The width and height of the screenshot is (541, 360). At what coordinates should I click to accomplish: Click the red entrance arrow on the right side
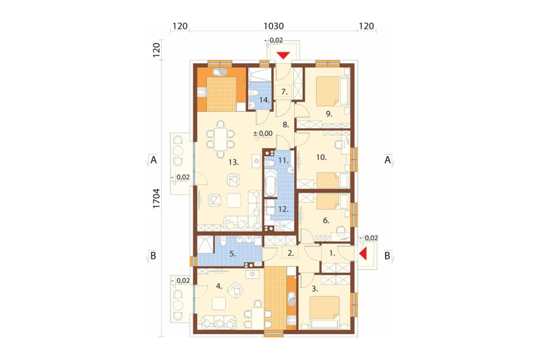coord(362,254)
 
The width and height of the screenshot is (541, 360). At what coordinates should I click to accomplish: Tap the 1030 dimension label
coord(274,26)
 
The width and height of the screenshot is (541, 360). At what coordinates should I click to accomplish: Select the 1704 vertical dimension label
coord(156,198)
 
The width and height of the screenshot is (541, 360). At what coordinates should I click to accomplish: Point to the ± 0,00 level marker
coord(263,134)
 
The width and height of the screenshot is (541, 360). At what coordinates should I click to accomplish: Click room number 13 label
coord(234,162)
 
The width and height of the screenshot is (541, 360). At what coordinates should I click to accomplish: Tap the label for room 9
coord(329,114)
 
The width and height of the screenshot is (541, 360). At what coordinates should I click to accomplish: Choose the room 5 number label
coord(233,254)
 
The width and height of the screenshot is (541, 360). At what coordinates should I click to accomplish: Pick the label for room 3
coord(315,289)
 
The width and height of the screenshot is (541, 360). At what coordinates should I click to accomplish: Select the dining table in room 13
coord(221,139)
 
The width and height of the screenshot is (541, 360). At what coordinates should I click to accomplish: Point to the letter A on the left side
coord(154,160)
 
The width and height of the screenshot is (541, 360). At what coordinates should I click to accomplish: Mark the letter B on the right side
coord(387,256)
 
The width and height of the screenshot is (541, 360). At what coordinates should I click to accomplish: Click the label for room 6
coord(326,221)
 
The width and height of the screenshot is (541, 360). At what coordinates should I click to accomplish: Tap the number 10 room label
coord(321,158)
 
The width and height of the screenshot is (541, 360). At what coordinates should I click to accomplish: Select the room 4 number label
coord(219,286)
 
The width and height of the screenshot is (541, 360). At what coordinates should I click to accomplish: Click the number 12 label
coord(283,209)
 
